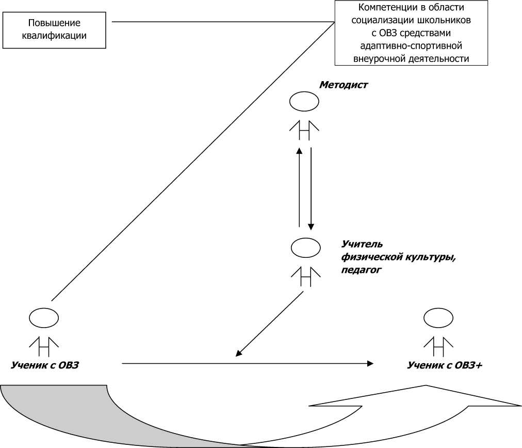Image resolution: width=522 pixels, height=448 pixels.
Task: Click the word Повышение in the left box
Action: [x=54, y=24]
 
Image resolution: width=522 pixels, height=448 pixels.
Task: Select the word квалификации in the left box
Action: [x=54, y=36]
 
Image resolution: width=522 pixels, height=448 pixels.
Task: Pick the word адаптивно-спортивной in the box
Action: [x=411, y=45]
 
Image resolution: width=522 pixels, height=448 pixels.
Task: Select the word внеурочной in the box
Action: [x=379, y=58]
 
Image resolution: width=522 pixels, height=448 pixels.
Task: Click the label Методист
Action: [x=344, y=85]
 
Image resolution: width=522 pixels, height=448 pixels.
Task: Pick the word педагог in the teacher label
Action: [x=361, y=269]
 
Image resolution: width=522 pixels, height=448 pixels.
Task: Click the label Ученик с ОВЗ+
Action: [x=445, y=365]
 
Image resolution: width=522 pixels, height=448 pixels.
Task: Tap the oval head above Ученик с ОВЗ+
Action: [x=438, y=318]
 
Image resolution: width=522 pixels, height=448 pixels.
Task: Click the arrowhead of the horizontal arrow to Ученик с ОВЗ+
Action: [x=370, y=364]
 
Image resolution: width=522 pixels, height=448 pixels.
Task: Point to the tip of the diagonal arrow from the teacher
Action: [x=237, y=355]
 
